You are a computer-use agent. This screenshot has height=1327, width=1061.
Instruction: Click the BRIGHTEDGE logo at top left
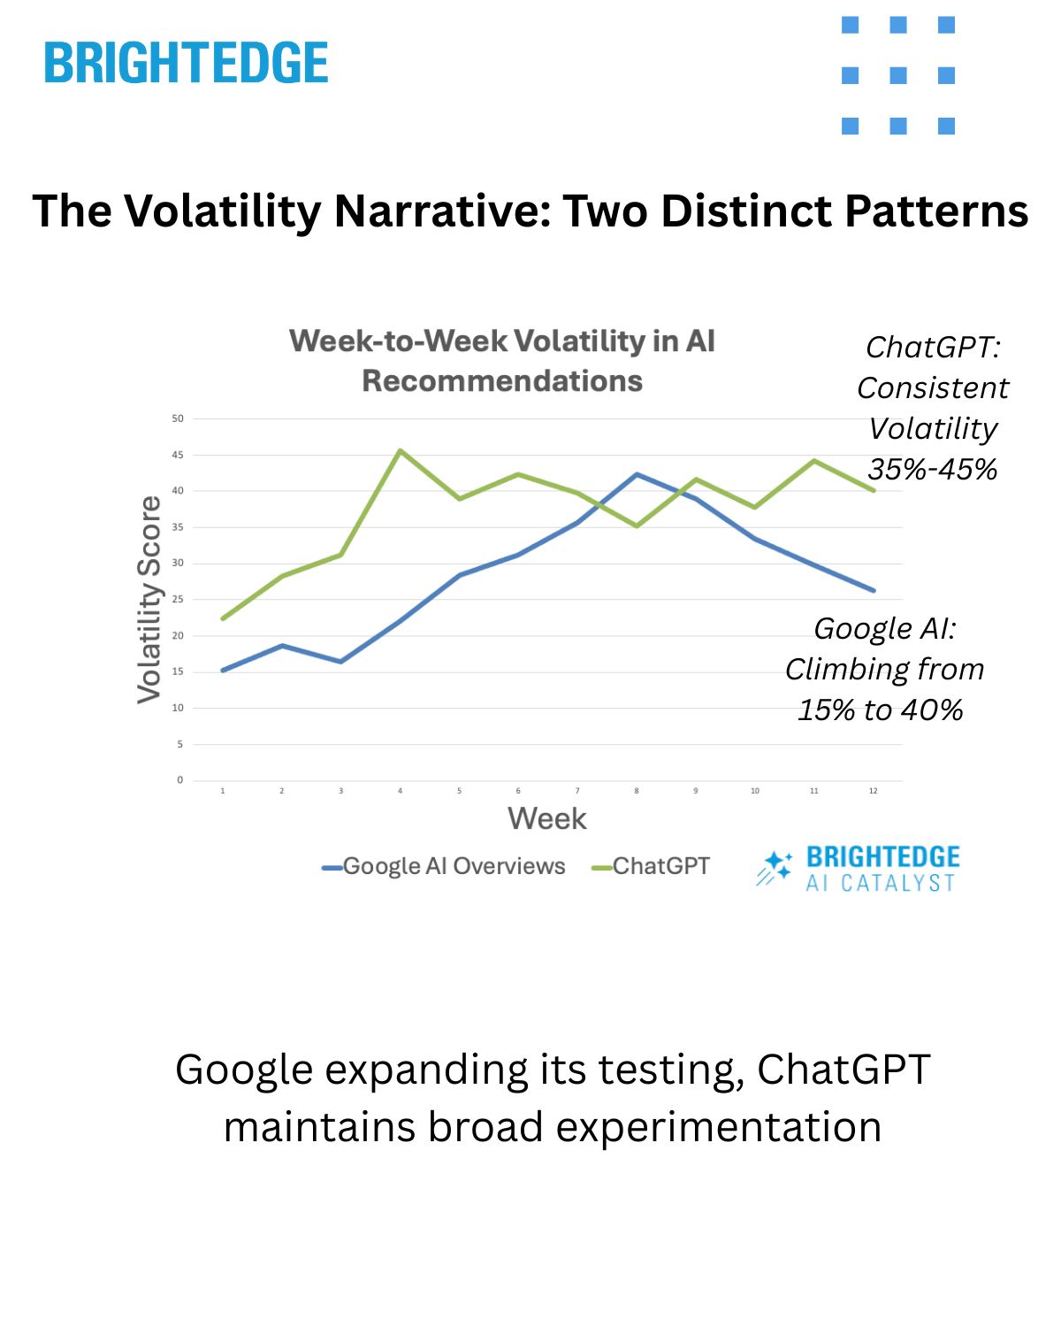[186, 63]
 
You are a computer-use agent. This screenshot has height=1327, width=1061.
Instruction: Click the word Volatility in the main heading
[222, 211]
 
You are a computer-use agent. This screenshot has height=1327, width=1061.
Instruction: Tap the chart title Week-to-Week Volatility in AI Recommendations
[501, 361]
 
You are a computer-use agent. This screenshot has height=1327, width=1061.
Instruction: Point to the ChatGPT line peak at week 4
[400, 450]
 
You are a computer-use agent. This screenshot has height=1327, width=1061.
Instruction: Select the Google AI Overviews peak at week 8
[637, 474]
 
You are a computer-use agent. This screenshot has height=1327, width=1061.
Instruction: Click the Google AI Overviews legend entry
[444, 866]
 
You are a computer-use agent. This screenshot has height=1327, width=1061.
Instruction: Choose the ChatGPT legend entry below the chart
[651, 866]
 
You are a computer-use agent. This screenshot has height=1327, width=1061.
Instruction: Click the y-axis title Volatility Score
[149, 599]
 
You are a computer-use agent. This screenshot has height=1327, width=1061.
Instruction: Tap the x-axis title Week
[546, 818]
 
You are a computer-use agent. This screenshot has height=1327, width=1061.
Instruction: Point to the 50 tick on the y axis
[178, 418]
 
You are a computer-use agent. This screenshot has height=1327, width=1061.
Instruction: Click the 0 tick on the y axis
[179, 780]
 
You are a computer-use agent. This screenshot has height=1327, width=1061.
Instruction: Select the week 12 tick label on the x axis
[873, 791]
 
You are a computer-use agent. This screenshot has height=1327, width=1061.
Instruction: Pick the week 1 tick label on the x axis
[223, 791]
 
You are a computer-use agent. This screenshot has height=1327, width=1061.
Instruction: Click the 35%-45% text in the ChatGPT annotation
[933, 469]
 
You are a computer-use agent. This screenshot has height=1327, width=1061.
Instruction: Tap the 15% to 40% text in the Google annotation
[881, 710]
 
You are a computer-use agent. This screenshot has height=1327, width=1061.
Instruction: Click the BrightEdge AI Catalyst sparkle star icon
[775, 867]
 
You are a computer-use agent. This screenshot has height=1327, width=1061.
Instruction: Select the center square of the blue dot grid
[898, 75]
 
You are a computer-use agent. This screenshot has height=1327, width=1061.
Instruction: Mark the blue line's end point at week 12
[874, 590]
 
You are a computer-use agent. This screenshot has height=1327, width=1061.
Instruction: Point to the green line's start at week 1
[223, 618]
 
